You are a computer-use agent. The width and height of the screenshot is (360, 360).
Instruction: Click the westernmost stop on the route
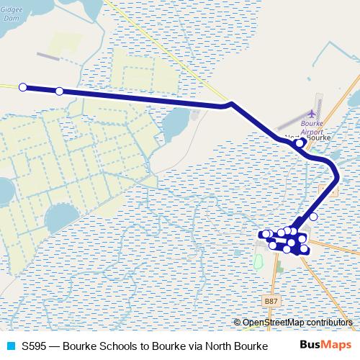(22, 87)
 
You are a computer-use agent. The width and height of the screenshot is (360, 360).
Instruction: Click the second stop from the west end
(59, 91)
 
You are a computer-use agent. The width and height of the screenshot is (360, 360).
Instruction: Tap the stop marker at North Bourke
(300, 144)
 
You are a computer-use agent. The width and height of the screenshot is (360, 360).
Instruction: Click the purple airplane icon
(312, 114)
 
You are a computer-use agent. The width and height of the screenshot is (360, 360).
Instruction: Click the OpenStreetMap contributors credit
(297, 323)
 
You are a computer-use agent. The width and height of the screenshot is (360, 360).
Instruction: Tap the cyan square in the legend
(9, 346)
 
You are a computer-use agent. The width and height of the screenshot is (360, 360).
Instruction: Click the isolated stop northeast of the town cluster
(313, 217)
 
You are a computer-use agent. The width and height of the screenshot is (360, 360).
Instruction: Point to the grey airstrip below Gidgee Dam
(50, 55)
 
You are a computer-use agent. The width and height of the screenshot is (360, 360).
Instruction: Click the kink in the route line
(230, 104)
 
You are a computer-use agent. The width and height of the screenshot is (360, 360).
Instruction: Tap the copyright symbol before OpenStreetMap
(237, 323)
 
